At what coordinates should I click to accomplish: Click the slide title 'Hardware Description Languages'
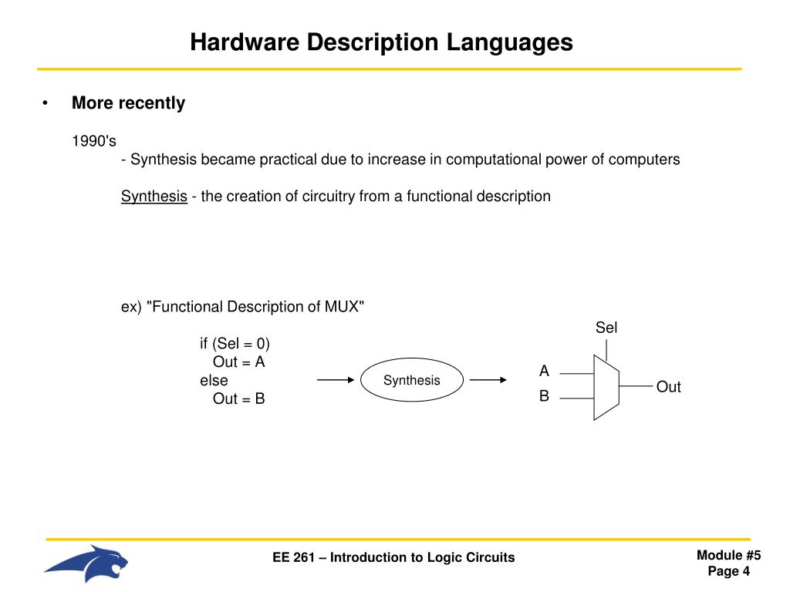[382, 42]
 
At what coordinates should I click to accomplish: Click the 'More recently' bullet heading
[128, 103]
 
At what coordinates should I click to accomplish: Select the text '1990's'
[94, 141]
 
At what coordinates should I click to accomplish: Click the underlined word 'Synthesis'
[154, 196]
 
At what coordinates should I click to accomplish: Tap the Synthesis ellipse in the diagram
[411, 380]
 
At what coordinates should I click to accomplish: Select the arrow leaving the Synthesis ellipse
[488, 380]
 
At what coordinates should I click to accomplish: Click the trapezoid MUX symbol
[606, 387]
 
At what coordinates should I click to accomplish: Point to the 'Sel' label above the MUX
[606, 328]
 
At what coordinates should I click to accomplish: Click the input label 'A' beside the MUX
[544, 372]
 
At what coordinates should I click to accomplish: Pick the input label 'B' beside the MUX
[544, 397]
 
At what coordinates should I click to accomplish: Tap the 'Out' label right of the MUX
[668, 387]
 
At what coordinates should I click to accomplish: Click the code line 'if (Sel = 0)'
[235, 343]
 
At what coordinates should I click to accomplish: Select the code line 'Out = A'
[239, 362]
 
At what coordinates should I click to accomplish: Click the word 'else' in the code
[214, 380]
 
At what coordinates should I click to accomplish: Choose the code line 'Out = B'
[239, 399]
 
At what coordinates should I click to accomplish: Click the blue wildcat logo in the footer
[86, 563]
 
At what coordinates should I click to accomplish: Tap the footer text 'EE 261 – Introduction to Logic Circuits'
[393, 557]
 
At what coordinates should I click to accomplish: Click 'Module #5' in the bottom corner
[728, 556]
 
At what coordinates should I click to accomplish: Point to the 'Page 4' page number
[728, 571]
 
